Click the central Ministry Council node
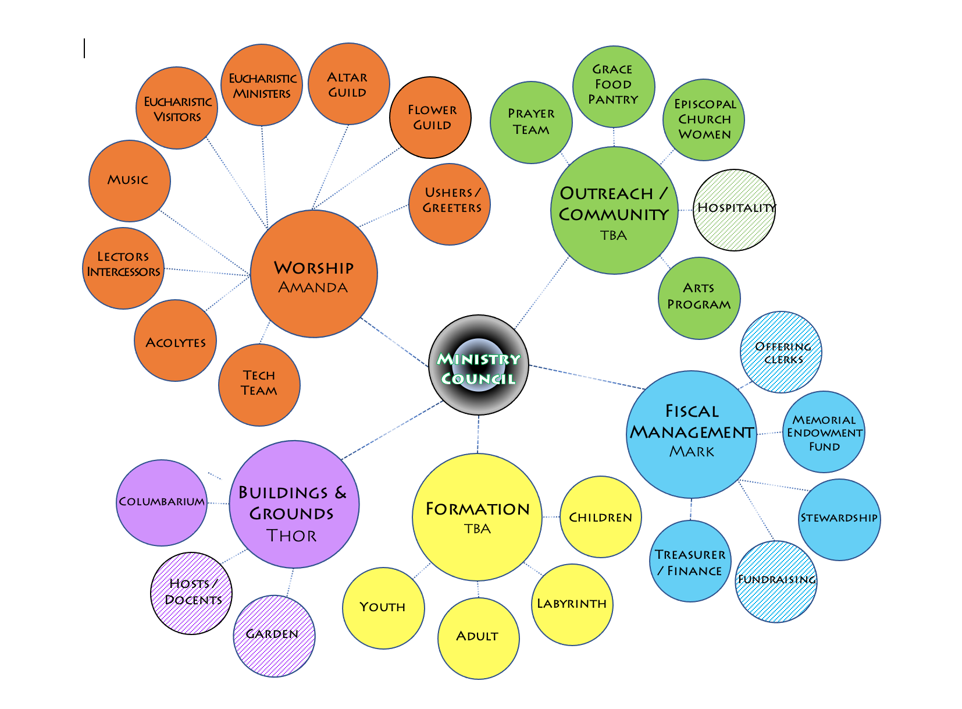(x=478, y=366)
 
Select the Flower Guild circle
(x=430, y=118)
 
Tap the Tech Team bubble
(x=259, y=384)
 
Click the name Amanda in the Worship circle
(x=313, y=288)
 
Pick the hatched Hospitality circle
(x=735, y=210)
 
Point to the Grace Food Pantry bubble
(x=613, y=86)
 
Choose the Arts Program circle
(x=699, y=297)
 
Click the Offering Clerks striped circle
(x=781, y=352)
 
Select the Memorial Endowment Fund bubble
(x=824, y=433)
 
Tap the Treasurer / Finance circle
(x=690, y=561)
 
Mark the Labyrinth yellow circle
(x=572, y=604)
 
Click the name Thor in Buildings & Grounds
(x=291, y=536)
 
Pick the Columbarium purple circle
(x=162, y=502)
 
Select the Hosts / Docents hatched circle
(x=191, y=593)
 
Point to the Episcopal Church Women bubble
(x=704, y=120)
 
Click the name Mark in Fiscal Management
(x=692, y=452)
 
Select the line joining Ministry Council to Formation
(x=478, y=434)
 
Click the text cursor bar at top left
(x=84, y=48)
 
